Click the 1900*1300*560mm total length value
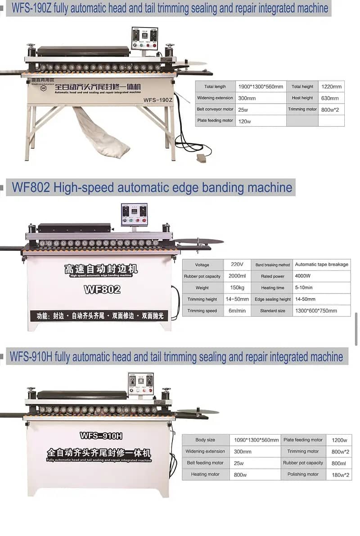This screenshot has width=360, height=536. [261, 86]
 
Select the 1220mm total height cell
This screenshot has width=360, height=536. [331, 86]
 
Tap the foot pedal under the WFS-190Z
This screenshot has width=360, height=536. [201, 157]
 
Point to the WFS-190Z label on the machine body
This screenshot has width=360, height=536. [158, 100]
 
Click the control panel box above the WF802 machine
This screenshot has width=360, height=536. [134, 214]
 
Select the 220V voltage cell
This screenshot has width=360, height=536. [237, 264]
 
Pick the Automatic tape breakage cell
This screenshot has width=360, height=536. [321, 264]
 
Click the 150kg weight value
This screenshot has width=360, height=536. [237, 288]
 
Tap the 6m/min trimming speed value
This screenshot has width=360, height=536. [237, 311]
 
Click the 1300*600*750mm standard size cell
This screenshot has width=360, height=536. [321, 311]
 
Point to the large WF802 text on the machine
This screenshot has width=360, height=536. [102, 290]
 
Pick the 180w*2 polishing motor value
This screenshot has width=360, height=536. [340, 475]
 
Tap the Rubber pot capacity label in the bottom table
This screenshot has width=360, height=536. [303, 463]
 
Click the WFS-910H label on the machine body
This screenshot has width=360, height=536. [101, 436]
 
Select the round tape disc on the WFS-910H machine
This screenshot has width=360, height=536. [198, 411]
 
